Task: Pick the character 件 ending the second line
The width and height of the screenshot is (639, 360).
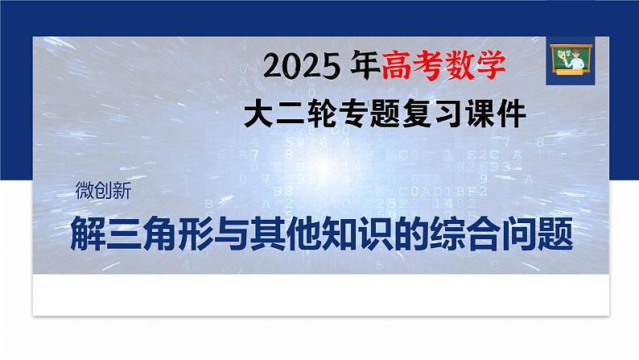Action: click(510, 114)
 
